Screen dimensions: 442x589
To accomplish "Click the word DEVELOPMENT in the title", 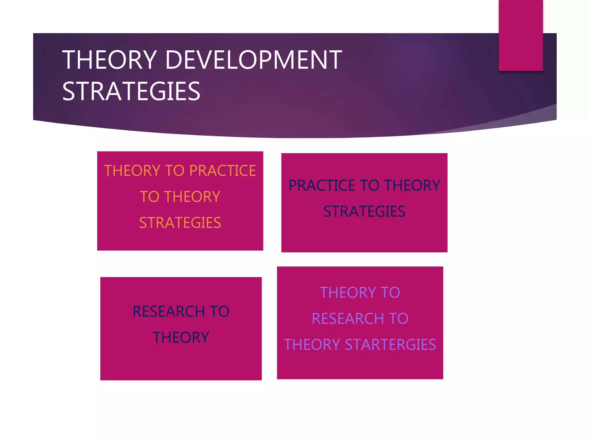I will coord(253,60).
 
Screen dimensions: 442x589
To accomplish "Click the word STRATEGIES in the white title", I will coord(131,92).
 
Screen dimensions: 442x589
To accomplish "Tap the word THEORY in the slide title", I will coord(110,60).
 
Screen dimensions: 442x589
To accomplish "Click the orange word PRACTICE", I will coord(223,171).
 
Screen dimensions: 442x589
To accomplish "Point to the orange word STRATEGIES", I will coord(180,223).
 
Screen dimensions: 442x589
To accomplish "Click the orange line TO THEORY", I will coord(180,197).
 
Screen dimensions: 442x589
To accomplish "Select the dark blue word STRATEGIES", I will coord(364,212).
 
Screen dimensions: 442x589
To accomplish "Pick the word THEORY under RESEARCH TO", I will coord(181,338).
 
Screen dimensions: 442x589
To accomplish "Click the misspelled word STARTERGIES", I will coord(390,345).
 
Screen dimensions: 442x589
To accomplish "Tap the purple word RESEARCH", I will coord(348,319).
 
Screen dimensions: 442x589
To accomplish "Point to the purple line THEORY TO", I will coord(360,293).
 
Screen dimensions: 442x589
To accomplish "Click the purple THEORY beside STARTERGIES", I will coord(312,345).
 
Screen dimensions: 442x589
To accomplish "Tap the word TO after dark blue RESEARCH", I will coord(219,311).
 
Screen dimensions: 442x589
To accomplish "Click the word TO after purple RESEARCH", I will coord(399,319).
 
